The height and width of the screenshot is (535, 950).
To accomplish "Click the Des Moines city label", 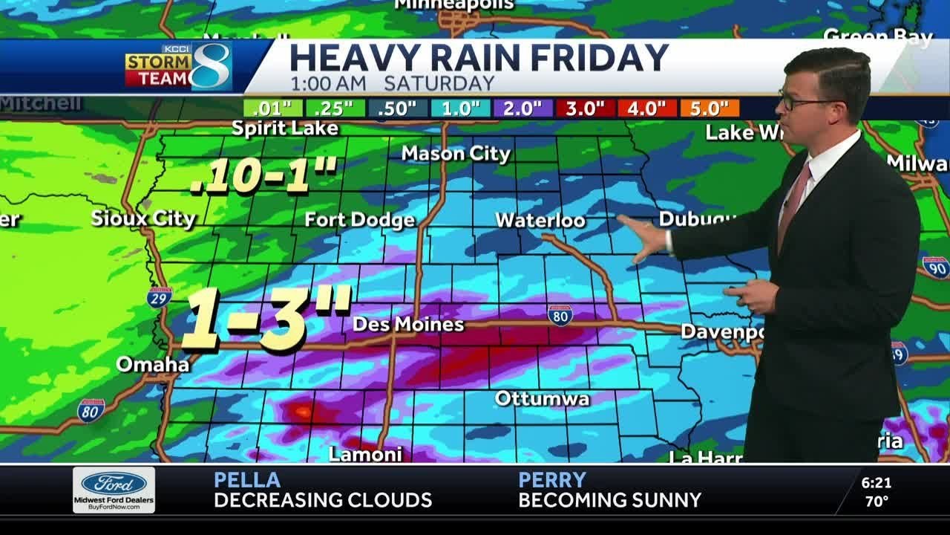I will pos(408,325).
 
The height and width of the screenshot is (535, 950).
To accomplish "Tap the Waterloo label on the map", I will pos(540,221).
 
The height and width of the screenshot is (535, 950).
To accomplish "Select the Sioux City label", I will pos(143,218).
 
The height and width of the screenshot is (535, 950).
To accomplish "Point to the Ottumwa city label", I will pos(542,398).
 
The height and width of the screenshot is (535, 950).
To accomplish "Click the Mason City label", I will pos(456,154).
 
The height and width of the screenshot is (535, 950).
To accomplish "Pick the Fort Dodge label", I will pos(360,220).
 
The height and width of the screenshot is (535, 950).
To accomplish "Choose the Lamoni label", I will pos(365,454).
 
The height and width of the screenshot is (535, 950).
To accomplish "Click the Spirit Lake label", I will pos(285,128).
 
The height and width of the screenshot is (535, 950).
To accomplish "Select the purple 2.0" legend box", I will pos(522,108).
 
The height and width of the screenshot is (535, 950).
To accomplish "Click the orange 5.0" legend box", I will pos(709,108).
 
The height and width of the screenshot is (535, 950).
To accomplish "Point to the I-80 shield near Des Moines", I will pos(560,315).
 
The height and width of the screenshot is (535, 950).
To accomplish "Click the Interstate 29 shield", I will pos(159,296).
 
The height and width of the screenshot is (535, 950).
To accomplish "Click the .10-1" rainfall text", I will pos(263,175).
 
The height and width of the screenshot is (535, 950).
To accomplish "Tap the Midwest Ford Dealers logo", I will pos(114,489).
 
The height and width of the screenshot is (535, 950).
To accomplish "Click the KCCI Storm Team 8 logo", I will pos(179,67).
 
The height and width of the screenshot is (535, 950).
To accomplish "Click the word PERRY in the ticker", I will pos(552,480).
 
